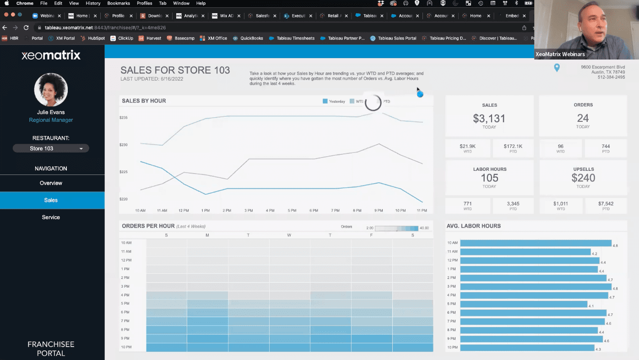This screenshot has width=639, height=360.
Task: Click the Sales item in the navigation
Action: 51,200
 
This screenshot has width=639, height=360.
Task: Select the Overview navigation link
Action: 51,183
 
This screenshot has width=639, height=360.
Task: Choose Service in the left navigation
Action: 51,217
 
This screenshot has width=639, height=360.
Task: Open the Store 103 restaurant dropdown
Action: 51,148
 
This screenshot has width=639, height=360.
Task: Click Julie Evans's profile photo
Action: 51,90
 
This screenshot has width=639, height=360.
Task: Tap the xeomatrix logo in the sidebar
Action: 51,56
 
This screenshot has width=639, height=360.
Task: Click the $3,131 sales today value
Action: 489,119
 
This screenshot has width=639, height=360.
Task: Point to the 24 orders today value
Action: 583,118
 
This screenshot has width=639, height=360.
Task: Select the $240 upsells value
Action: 583,178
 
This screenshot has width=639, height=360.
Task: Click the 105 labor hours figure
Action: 489,178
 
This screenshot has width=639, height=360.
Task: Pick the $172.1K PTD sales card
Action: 513,148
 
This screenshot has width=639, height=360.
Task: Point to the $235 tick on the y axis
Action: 124,118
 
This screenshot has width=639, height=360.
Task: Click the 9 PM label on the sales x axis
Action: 379,211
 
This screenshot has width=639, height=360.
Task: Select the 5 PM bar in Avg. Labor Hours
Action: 524,304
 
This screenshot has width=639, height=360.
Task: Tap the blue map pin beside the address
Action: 557,68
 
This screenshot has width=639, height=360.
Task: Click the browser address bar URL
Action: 105,27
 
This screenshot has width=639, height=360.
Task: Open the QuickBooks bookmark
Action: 251,38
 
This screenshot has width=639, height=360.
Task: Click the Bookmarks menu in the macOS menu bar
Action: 119,3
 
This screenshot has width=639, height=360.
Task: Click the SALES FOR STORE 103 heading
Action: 175,71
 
